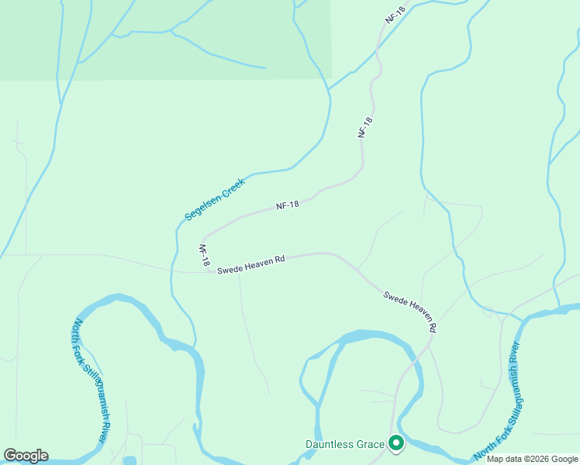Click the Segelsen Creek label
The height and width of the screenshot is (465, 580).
[x=215, y=199]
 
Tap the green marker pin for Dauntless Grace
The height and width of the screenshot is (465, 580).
[x=396, y=444]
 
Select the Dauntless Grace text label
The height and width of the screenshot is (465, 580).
[x=344, y=444]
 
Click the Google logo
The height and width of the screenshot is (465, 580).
[x=25, y=456]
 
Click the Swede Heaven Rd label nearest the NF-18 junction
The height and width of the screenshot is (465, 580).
[x=250, y=265]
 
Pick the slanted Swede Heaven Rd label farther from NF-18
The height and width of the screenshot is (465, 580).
[x=410, y=312]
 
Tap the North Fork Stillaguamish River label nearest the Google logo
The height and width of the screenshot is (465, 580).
[x=90, y=381]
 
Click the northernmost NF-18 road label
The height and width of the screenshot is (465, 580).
[x=395, y=15]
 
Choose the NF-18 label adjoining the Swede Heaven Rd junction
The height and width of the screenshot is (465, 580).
[x=204, y=257]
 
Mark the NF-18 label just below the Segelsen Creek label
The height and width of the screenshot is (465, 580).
[x=288, y=205]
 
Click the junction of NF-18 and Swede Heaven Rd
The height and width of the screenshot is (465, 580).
[x=209, y=272]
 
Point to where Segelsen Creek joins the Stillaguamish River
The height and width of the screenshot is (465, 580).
[x=194, y=346]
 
